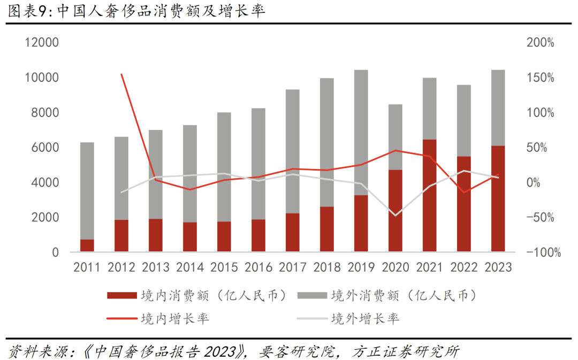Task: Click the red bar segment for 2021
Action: (x=429, y=195)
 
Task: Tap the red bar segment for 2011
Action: (x=87, y=246)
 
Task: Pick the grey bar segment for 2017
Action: (x=292, y=151)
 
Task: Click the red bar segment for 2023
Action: (x=498, y=198)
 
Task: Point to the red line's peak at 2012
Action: (x=121, y=75)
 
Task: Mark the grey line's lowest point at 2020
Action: (x=396, y=216)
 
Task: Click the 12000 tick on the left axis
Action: (x=42, y=43)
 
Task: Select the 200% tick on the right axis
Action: (x=540, y=43)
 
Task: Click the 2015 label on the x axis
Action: (x=224, y=267)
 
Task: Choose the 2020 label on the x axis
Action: (x=395, y=267)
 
